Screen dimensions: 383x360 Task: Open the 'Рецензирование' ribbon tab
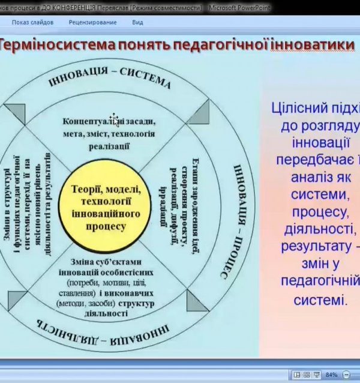pos(92,22)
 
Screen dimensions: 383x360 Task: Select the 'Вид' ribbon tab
pos(137,22)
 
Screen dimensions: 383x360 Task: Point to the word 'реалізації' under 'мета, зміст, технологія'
pos(109,145)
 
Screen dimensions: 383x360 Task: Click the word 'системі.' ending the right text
pos(320,299)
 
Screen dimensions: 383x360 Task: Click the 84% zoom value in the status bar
pos(332,375)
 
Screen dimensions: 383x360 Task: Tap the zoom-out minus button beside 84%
pos(346,375)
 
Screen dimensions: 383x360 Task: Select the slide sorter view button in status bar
pos(307,375)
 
